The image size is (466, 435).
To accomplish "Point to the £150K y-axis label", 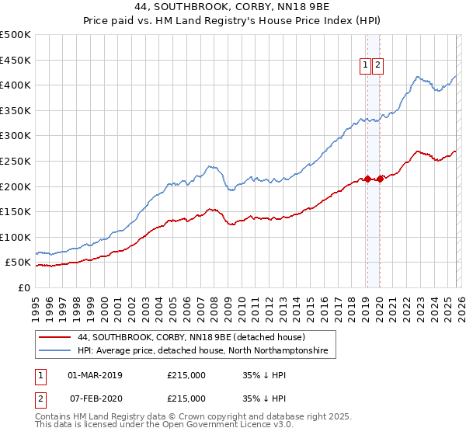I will [x=16, y=211].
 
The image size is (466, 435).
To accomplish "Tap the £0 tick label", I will [x=23, y=287].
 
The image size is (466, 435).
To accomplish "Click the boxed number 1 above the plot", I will [x=364, y=66].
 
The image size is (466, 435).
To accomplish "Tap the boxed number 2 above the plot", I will [x=377, y=66].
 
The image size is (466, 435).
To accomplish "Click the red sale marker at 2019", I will [x=367, y=179].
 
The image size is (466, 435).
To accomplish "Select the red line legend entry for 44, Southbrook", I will [x=191, y=338].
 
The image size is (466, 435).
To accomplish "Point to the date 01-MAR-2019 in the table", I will [x=95, y=375].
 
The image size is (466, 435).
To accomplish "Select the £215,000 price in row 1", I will [x=186, y=375].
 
